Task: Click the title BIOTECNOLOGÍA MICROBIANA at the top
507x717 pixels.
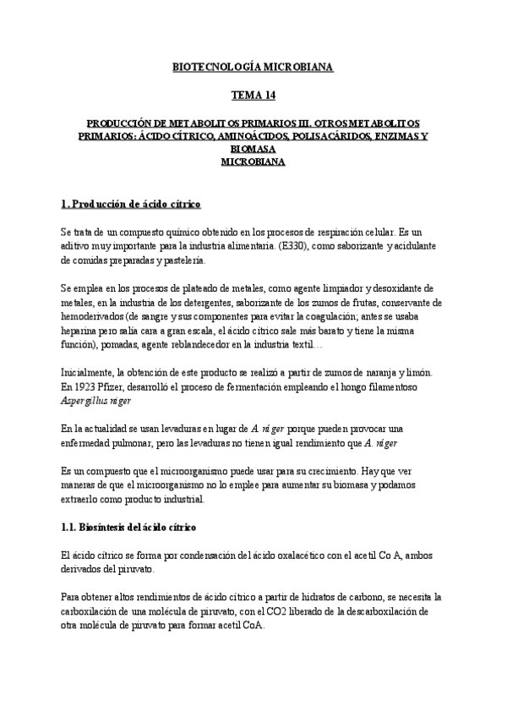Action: coord(253,66)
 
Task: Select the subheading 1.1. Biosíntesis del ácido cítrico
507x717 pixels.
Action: coord(129,527)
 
